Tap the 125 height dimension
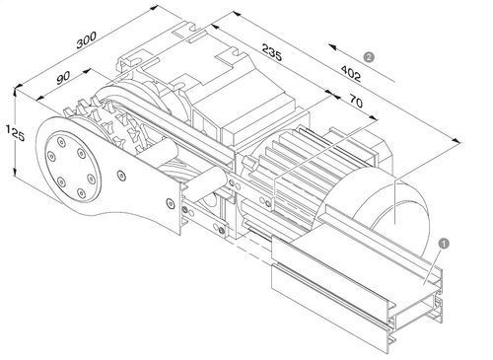click(10, 131)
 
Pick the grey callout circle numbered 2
click(368, 57)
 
